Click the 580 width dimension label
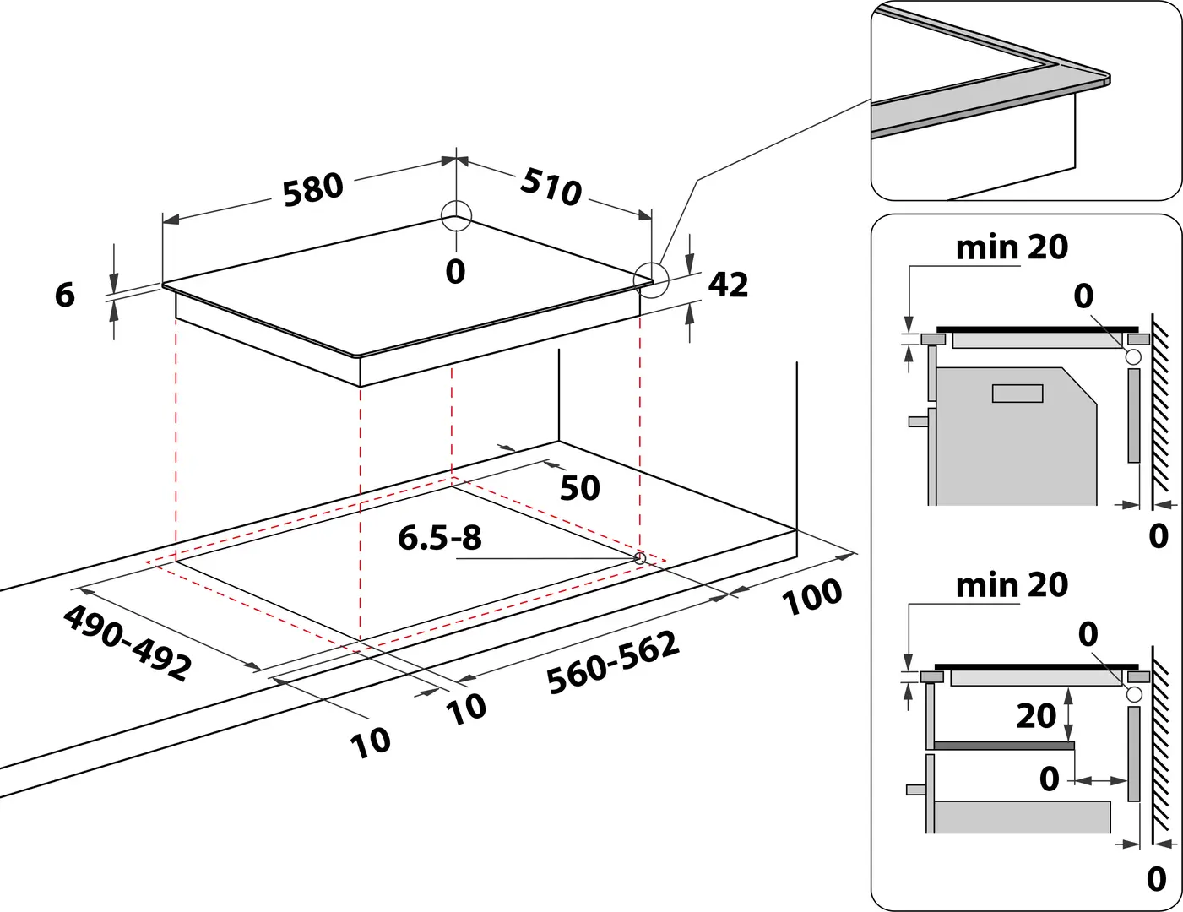click(x=312, y=189)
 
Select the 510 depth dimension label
click(x=551, y=186)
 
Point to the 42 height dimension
click(x=728, y=285)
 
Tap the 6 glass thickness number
click(x=65, y=295)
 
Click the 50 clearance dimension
click(x=580, y=488)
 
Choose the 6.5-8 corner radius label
click(x=439, y=537)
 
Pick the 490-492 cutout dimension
click(x=127, y=643)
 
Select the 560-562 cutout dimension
click(x=613, y=663)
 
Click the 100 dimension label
click(x=812, y=598)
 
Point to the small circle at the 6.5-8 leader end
click(x=639, y=558)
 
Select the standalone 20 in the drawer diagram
click(x=1036, y=716)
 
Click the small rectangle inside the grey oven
click(x=1017, y=393)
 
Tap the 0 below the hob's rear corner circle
click(x=455, y=272)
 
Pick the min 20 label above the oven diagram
click(x=1012, y=247)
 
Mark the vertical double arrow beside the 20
click(x=1069, y=714)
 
